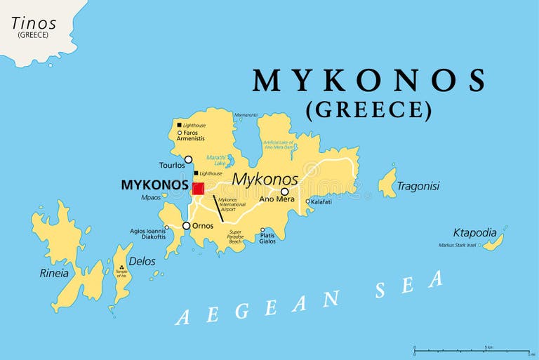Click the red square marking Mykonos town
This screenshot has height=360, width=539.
198,188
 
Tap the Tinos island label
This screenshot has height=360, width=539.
34,24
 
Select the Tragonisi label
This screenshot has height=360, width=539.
418,186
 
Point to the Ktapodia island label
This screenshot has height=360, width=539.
474,232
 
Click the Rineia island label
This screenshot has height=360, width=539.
54,273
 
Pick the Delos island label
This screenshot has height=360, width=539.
142,261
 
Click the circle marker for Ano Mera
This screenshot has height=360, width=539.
284,192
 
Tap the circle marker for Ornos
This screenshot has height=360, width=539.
186,226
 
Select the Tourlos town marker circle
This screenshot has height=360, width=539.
188,159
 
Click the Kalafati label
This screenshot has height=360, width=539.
321,201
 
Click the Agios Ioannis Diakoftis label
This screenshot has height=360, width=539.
147,234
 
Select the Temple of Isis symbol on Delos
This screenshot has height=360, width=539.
122,267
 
